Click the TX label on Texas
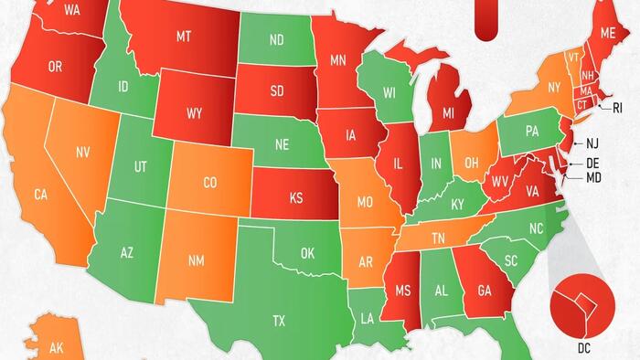(x=279, y=321)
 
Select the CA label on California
(x=42, y=195)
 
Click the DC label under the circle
(x=584, y=348)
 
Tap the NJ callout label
(x=592, y=143)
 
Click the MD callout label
(x=593, y=176)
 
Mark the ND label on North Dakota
(x=276, y=40)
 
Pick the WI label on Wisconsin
(x=389, y=92)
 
